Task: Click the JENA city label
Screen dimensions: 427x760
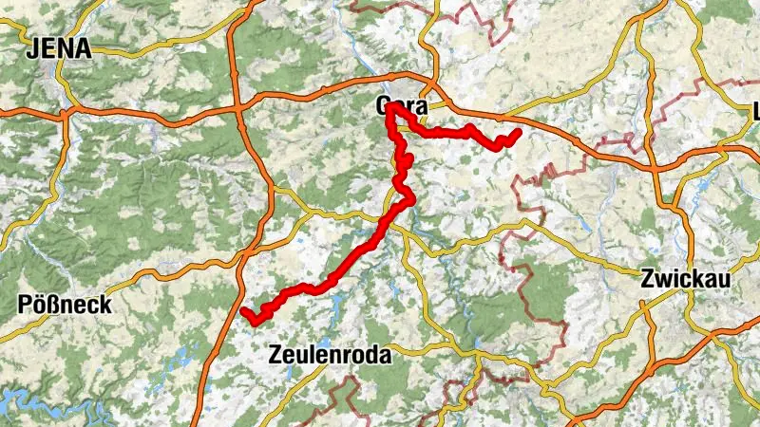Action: pos(61,48)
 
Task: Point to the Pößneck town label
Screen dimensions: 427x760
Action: pos(66,306)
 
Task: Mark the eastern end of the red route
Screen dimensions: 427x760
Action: pos(518,133)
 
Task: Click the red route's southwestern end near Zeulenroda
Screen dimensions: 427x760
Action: pos(244,311)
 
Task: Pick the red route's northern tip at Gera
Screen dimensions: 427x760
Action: pos(390,106)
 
